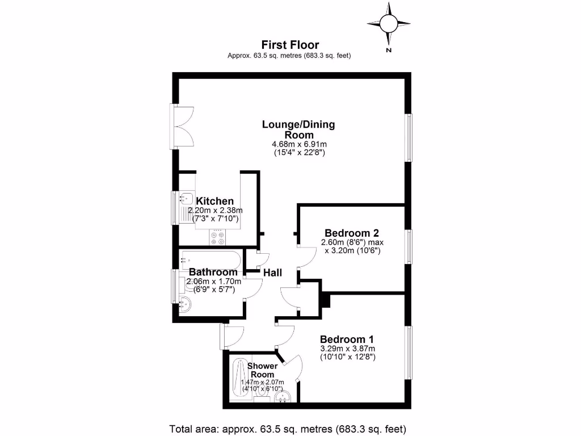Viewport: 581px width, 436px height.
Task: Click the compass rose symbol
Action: point(389,24)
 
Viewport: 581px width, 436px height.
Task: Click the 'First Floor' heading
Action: point(290,44)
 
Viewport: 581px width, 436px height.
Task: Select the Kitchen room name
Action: point(214,201)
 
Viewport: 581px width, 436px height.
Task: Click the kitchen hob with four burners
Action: point(217,237)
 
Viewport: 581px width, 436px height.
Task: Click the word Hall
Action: point(272,272)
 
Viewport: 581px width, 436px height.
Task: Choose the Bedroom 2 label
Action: point(351,233)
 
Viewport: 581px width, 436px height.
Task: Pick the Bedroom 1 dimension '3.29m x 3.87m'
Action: point(348,348)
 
